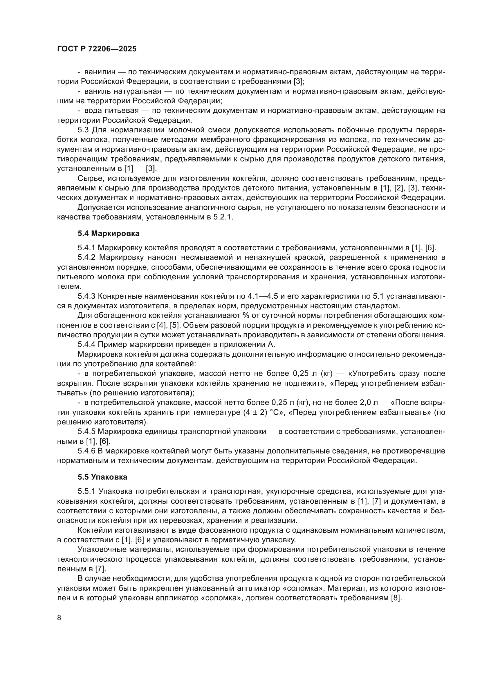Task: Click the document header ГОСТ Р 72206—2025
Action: [x=97, y=49]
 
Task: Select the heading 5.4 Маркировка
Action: [x=108, y=234]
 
